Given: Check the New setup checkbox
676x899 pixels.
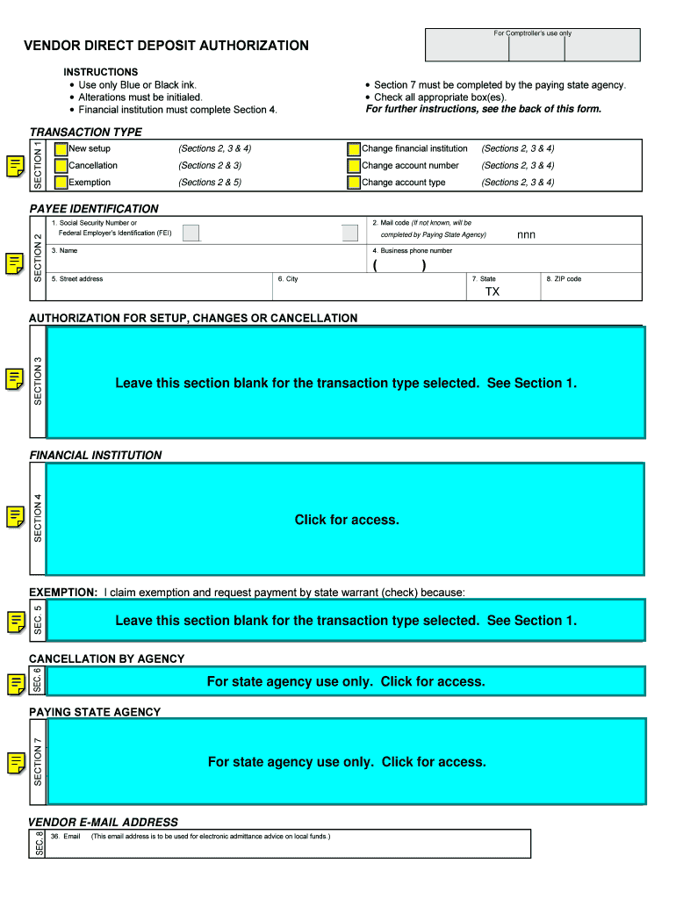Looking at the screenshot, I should pyautogui.click(x=61, y=149).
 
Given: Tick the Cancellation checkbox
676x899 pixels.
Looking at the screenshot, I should pyautogui.click(x=61, y=166).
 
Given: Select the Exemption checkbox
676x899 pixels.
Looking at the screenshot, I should pyautogui.click(x=61, y=183).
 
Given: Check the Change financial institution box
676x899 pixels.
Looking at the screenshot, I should pyautogui.click(x=354, y=149).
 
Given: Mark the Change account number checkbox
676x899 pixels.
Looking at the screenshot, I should pyautogui.click(x=354, y=166).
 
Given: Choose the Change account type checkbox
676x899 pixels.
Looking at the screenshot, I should pyautogui.click(x=354, y=183).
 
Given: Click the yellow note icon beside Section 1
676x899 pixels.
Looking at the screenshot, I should pyautogui.click(x=15, y=166).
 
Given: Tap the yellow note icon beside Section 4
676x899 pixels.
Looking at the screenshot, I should pyautogui.click(x=15, y=517).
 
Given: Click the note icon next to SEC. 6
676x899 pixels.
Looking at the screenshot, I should pyautogui.click(x=15, y=683).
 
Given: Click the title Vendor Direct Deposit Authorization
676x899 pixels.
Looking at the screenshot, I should pyautogui.click(x=166, y=46).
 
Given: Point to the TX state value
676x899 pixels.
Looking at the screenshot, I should pyautogui.click(x=493, y=291).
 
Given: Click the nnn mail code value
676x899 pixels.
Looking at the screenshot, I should pyautogui.click(x=526, y=235).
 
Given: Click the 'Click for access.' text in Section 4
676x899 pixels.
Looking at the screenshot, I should pyautogui.click(x=347, y=520).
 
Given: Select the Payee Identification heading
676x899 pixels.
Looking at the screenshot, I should pyautogui.click(x=94, y=209).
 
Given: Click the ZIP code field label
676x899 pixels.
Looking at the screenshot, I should pyautogui.click(x=564, y=279).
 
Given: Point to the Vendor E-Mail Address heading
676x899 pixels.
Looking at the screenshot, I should pyautogui.click(x=104, y=823).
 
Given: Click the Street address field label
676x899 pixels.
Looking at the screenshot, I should pyautogui.click(x=77, y=279).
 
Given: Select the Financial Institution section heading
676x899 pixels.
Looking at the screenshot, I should pyautogui.click(x=96, y=456).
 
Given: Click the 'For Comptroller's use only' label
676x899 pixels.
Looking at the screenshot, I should pyautogui.click(x=532, y=33).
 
